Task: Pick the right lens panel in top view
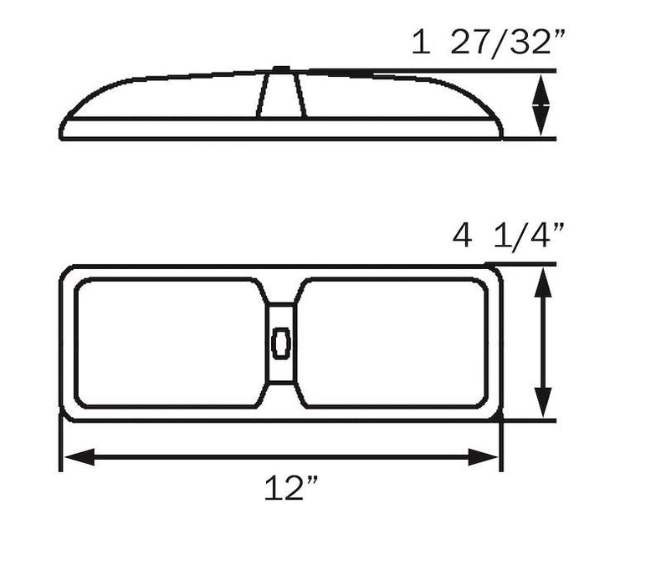[x=393, y=343]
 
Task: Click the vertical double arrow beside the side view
[x=542, y=103]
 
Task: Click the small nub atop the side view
[x=280, y=69]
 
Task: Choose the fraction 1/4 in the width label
[x=530, y=237]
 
